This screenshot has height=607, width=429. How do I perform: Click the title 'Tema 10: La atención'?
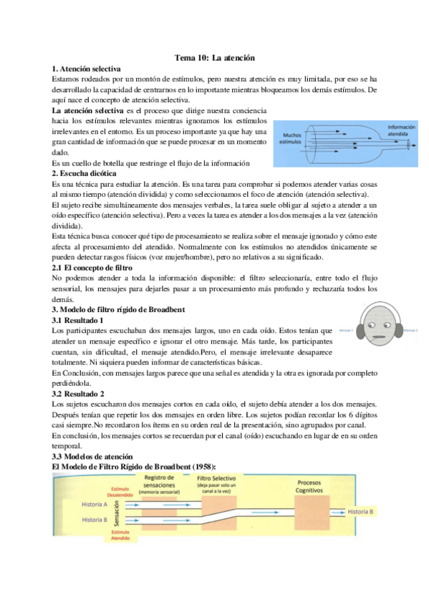pyautogui.click(x=215, y=57)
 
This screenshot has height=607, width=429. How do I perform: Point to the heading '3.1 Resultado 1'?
pyautogui.click(x=78, y=321)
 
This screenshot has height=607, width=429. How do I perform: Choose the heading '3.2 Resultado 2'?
pyautogui.click(x=78, y=394)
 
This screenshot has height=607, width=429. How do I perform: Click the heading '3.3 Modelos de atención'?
pyautogui.click(x=94, y=456)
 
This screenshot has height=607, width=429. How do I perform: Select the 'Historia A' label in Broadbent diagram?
pyautogui.click(x=95, y=504)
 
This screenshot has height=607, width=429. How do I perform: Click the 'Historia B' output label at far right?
pyautogui.click(x=361, y=512)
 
